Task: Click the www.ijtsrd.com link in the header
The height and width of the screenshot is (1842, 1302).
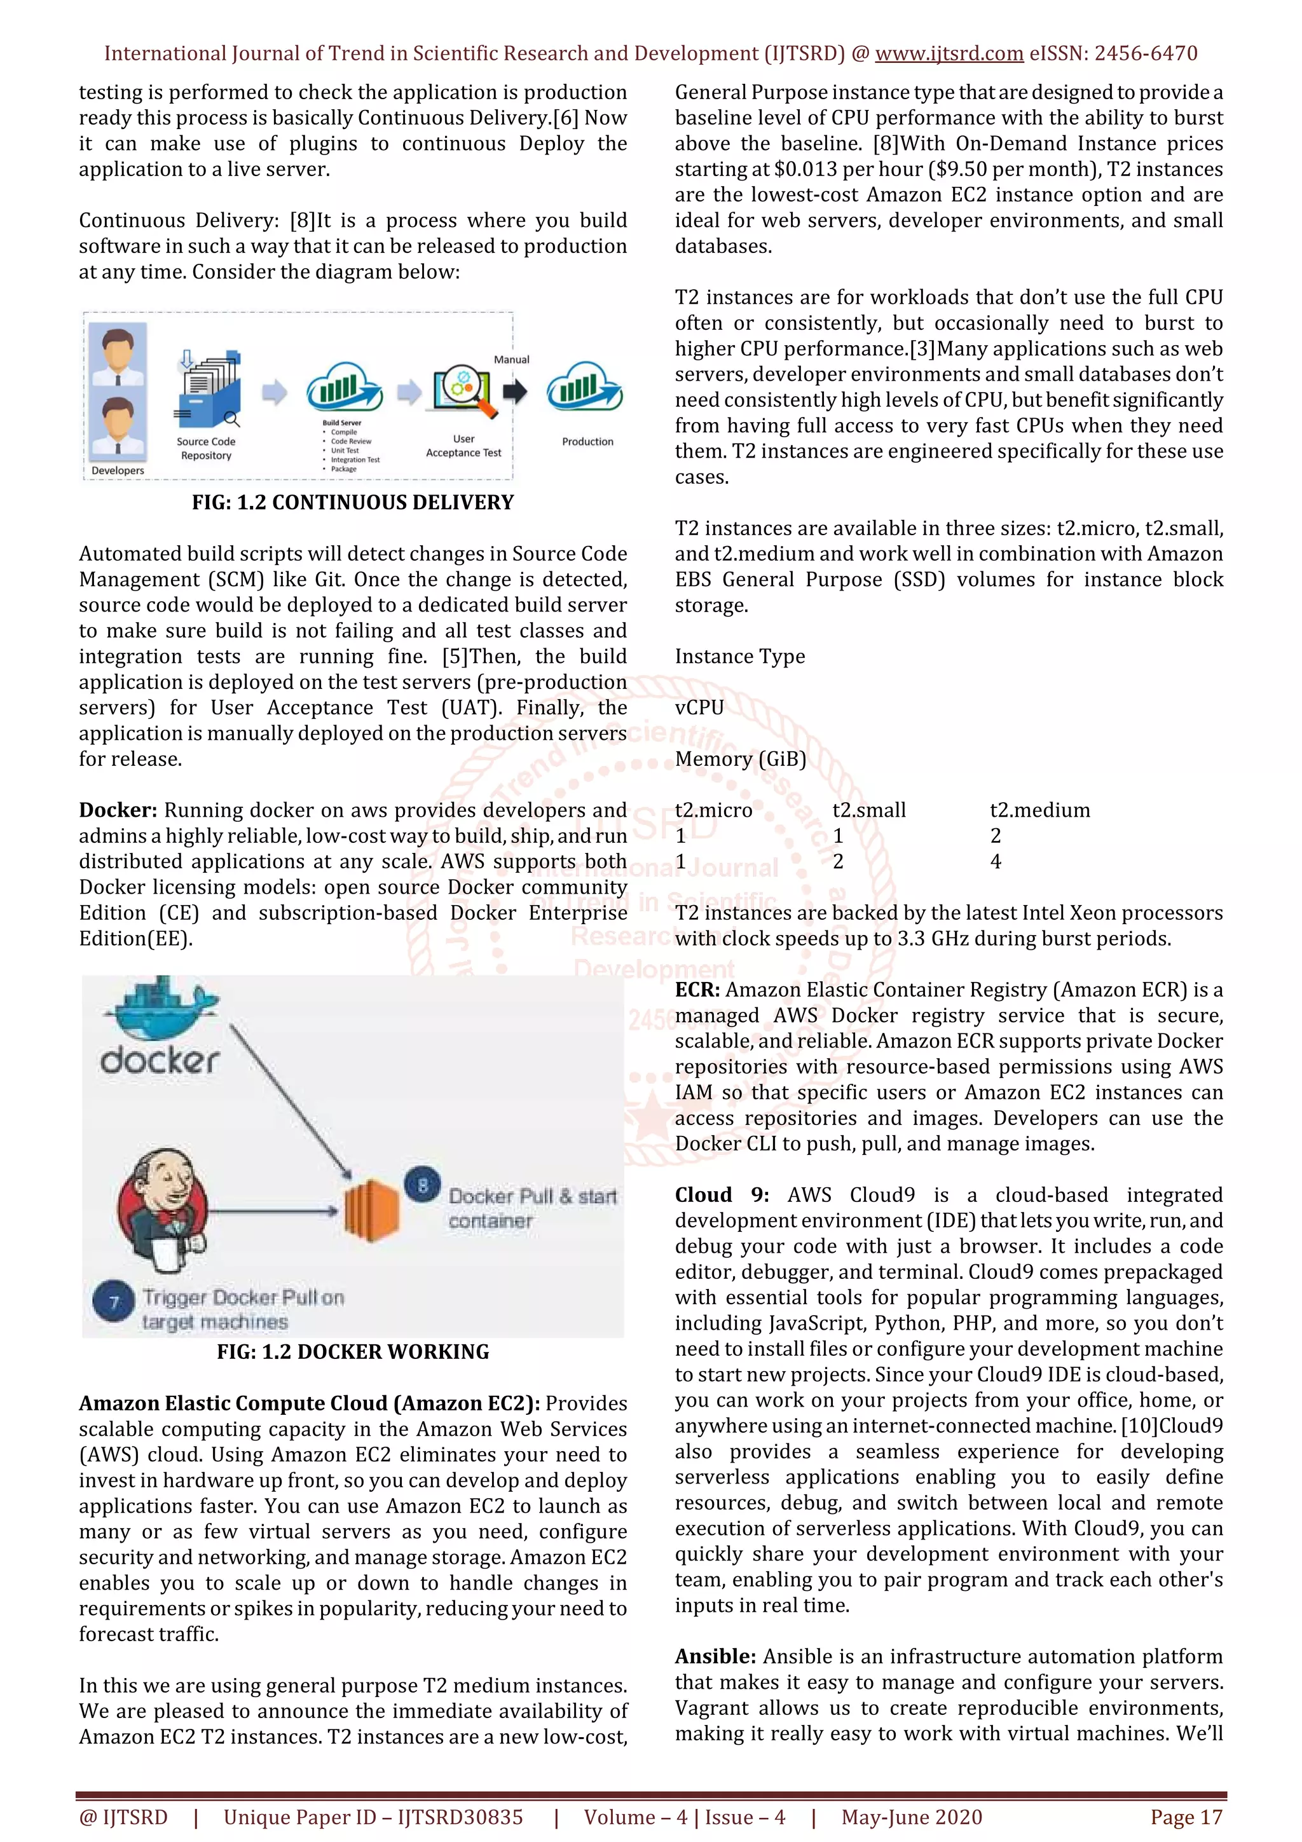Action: pyautogui.click(x=949, y=54)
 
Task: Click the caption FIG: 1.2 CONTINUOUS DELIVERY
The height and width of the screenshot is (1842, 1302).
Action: pyautogui.click(x=352, y=503)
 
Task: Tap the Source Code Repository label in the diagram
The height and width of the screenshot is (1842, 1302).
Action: pyautogui.click(x=206, y=449)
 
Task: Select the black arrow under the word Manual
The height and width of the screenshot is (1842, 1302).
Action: pyautogui.click(x=514, y=392)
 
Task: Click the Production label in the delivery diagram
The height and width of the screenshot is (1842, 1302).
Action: pyautogui.click(x=587, y=442)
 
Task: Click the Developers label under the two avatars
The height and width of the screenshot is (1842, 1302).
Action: pyautogui.click(x=118, y=471)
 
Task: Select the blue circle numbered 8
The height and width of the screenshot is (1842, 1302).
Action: pyautogui.click(x=423, y=1184)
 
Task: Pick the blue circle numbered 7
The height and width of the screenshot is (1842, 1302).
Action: pyautogui.click(x=113, y=1301)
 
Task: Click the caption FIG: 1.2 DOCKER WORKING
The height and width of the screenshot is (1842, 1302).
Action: pyautogui.click(x=352, y=1352)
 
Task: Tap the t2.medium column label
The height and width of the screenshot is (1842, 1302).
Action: pyautogui.click(x=1039, y=810)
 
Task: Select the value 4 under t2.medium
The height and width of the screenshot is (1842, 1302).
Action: pyautogui.click(x=996, y=862)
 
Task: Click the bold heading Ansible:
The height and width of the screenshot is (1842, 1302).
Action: pyautogui.click(x=715, y=1656)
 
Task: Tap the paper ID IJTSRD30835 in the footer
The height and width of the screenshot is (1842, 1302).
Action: pyautogui.click(x=460, y=1817)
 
